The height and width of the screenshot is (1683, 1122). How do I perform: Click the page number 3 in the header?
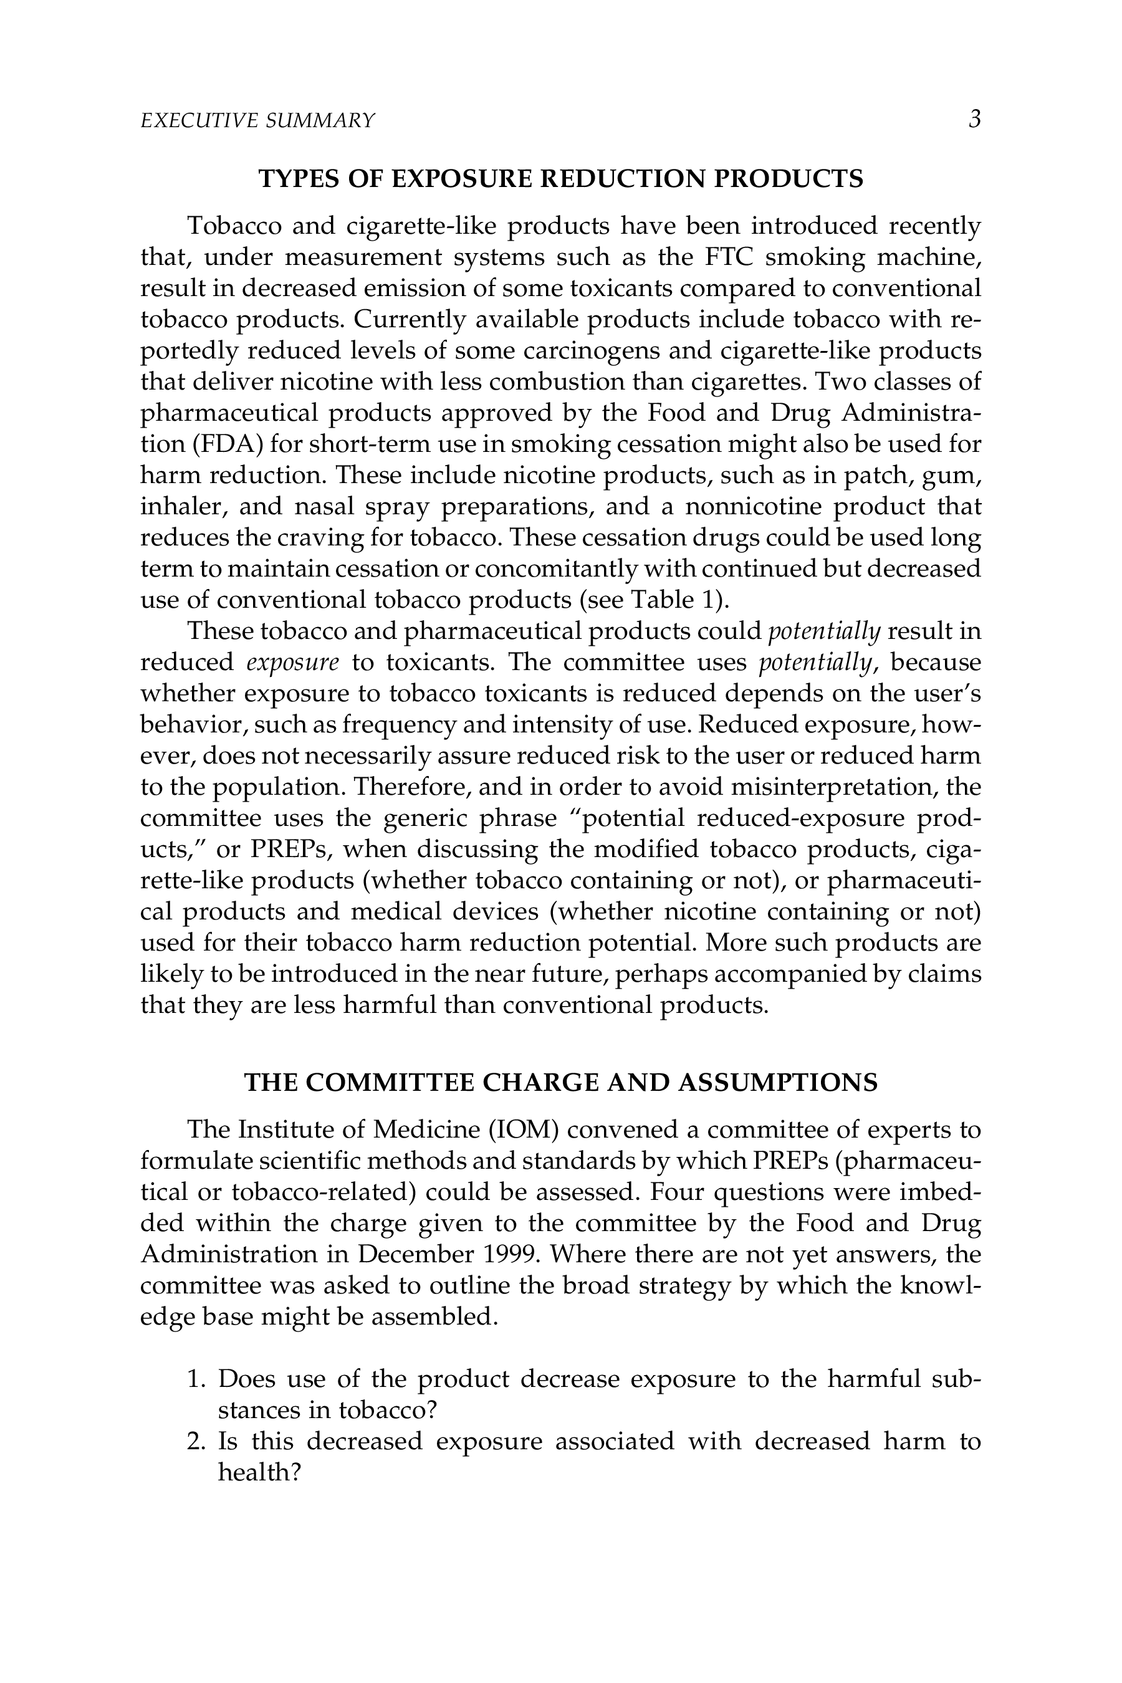[x=974, y=119]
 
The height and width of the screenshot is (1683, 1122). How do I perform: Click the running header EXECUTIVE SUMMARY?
[x=257, y=120]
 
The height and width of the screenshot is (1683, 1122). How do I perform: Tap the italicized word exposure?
[x=292, y=663]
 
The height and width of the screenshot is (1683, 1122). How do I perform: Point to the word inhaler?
[x=182, y=507]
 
